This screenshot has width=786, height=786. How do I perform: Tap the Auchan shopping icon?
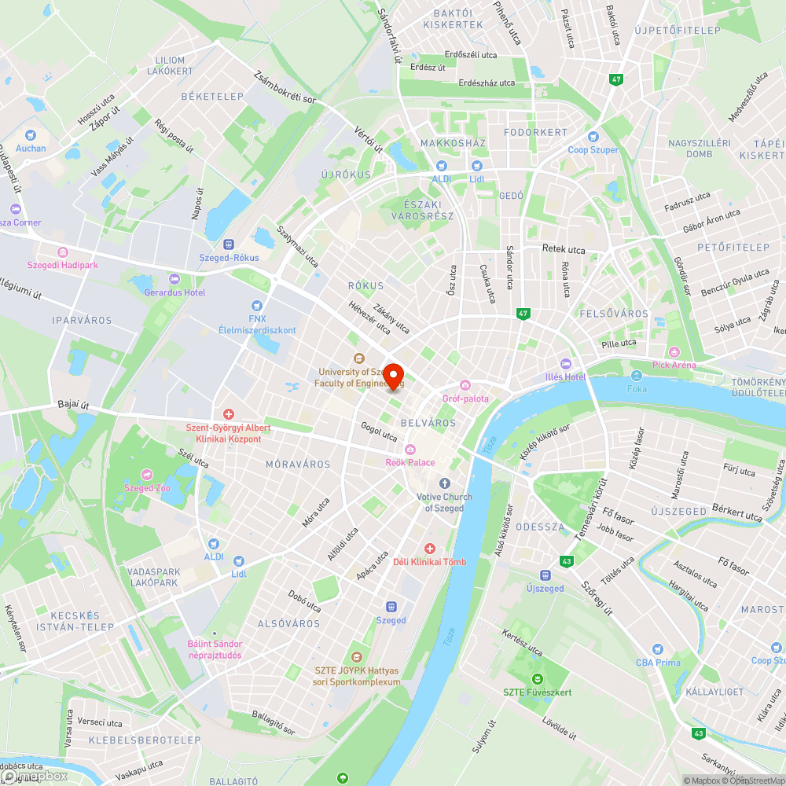tap(31, 135)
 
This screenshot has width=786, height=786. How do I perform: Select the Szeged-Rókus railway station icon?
tap(229, 244)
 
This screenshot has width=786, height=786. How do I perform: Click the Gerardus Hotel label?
tap(174, 292)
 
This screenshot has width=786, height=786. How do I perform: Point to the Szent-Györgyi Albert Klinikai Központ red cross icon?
tap(228, 413)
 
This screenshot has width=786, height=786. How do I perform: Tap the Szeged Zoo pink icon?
tap(147, 474)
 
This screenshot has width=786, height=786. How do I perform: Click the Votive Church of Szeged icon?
tap(445, 483)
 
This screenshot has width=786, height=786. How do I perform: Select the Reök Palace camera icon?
tap(410, 448)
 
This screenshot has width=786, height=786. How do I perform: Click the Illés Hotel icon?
tap(565, 364)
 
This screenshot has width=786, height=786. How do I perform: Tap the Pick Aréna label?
tap(674, 365)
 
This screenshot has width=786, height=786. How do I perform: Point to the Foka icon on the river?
tap(636, 376)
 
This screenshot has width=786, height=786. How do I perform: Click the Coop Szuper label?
tap(593, 150)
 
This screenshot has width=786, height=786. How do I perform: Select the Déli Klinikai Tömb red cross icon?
tap(429, 548)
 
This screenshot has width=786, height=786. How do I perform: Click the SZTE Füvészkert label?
tap(538, 692)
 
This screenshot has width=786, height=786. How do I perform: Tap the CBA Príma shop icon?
tap(658, 649)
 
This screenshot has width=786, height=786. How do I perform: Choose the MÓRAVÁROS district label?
tap(298, 465)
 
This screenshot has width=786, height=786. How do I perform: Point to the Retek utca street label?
tap(564, 250)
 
